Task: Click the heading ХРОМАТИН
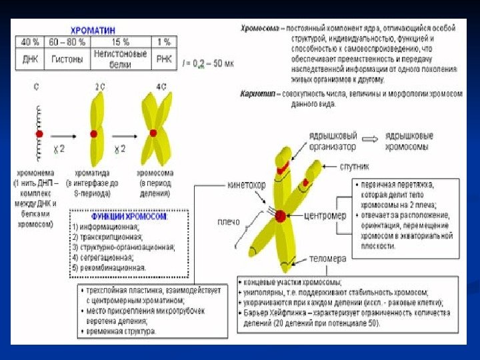[x=94, y=30]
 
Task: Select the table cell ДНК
[x=30, y=59]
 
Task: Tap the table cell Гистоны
[x=67, y=59]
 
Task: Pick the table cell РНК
[x=163, y=59]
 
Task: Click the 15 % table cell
[x=120, y=41]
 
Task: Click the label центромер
[x=325, y=216]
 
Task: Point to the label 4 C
[x=161, y=87]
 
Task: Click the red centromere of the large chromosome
[x=280, y=215]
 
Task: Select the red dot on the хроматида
[x=95, y=134]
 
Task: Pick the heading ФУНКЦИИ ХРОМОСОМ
[x=129, y=217]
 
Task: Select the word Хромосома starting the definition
[x=261, y=29]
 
